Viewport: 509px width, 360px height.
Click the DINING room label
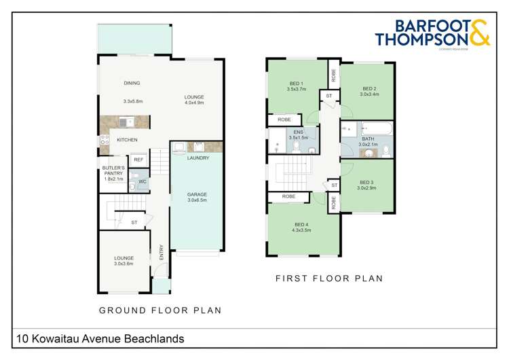(x=132, y=83)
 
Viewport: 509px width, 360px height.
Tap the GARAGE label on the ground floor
(x=197, y=194)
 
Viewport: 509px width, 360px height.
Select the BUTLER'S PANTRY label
(x=113, y=170)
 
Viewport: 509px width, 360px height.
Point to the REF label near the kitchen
(x=138, y=160)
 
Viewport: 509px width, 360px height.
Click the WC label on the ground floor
(x=143, y=182)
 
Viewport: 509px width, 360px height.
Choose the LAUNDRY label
(x=197, y=158)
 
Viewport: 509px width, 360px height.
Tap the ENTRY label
(x=161, y=252)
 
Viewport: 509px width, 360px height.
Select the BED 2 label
(x=369, y=88)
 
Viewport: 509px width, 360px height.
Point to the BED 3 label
(x=366, y=182)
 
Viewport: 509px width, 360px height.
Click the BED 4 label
(x=302, y=224)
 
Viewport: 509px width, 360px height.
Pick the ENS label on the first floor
(x=297, y=132)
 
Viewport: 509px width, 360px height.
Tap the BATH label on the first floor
(x=367, y=138)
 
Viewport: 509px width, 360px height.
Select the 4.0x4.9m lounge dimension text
(x=194, y=103)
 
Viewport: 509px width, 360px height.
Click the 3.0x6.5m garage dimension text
(x=197, y=200)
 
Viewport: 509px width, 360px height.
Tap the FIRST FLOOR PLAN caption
(x=329, y=278)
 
